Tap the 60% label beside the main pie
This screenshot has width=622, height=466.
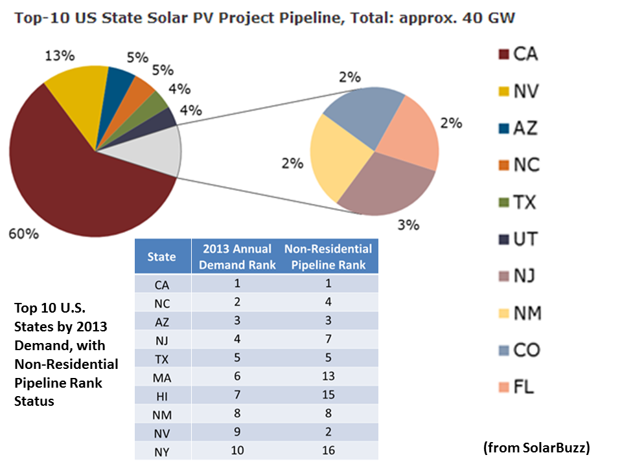coord(23,234)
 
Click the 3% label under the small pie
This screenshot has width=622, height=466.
coord(408,225)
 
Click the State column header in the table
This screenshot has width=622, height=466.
coord(161,257)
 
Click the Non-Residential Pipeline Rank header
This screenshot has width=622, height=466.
coord(328,257)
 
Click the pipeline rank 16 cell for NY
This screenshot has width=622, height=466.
coord(328,452)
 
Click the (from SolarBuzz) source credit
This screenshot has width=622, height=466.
coord(536,447)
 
